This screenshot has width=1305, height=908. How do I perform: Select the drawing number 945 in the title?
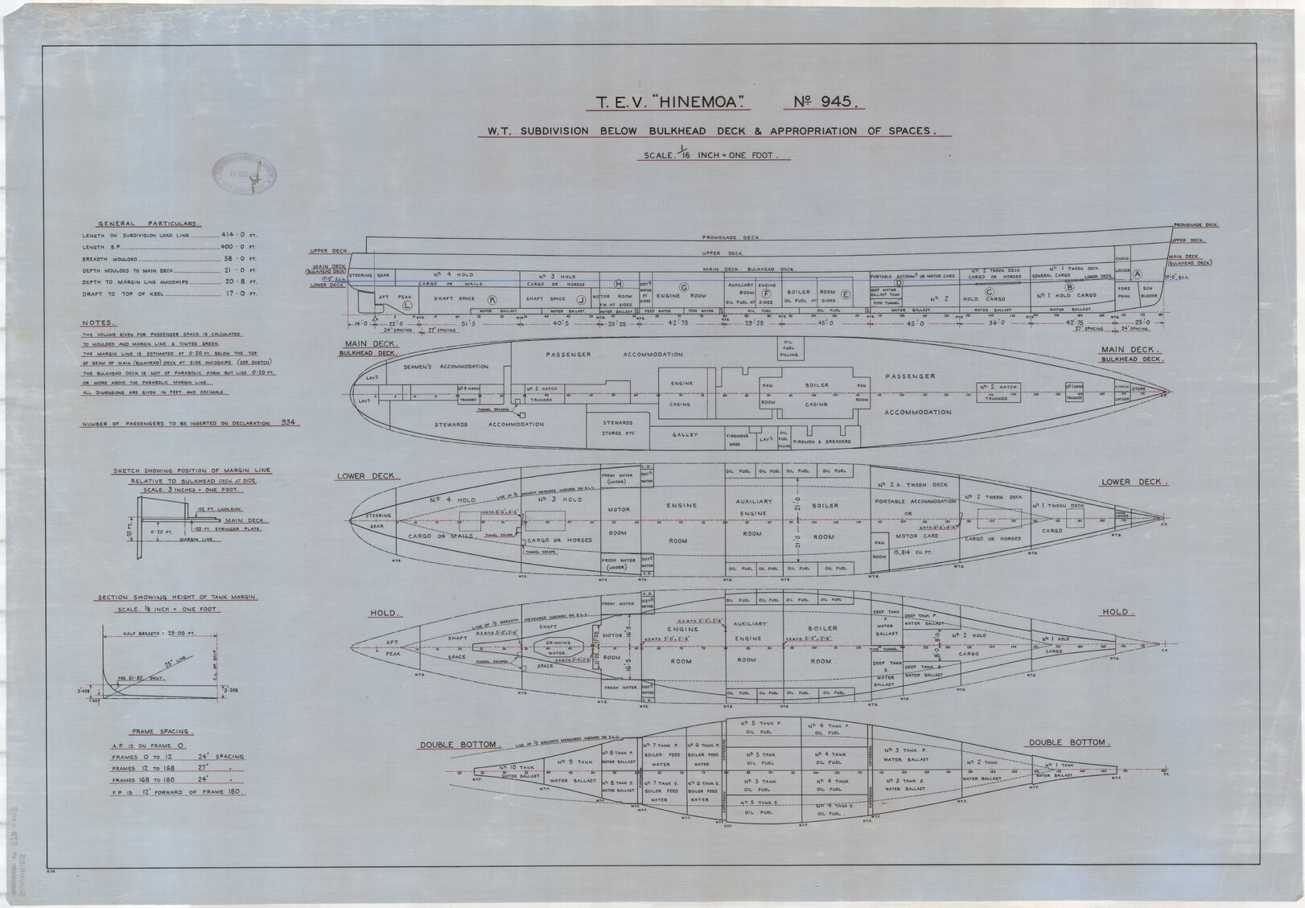pos(833,102)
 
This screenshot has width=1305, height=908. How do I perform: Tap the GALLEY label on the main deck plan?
pos(685,434)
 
